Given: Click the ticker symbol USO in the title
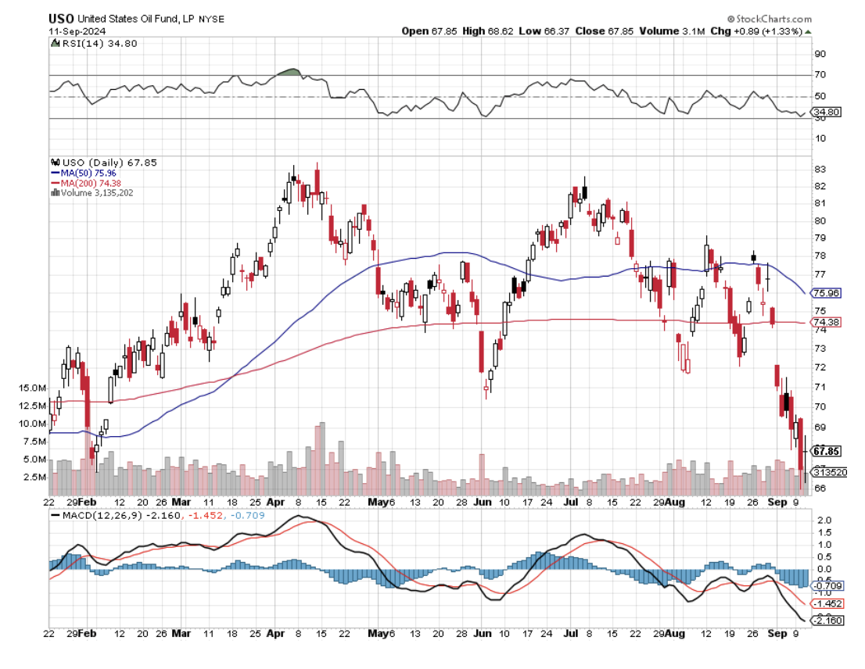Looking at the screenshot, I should click(x=61, y=19).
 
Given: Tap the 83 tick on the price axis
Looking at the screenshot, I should click(x=820, y=170).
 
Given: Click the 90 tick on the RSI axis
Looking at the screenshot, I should click(x=820, y=55).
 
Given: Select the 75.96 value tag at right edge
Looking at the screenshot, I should click(x=827, y=294).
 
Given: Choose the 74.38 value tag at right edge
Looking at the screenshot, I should click(x=827, y=323).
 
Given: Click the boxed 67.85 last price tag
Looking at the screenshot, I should click(x=827, y=451).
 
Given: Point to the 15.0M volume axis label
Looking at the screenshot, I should click(x=34, y=388).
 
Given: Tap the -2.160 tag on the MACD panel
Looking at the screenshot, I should click(x=827, y=621).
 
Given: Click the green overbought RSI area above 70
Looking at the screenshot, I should click(x=289, y=72).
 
